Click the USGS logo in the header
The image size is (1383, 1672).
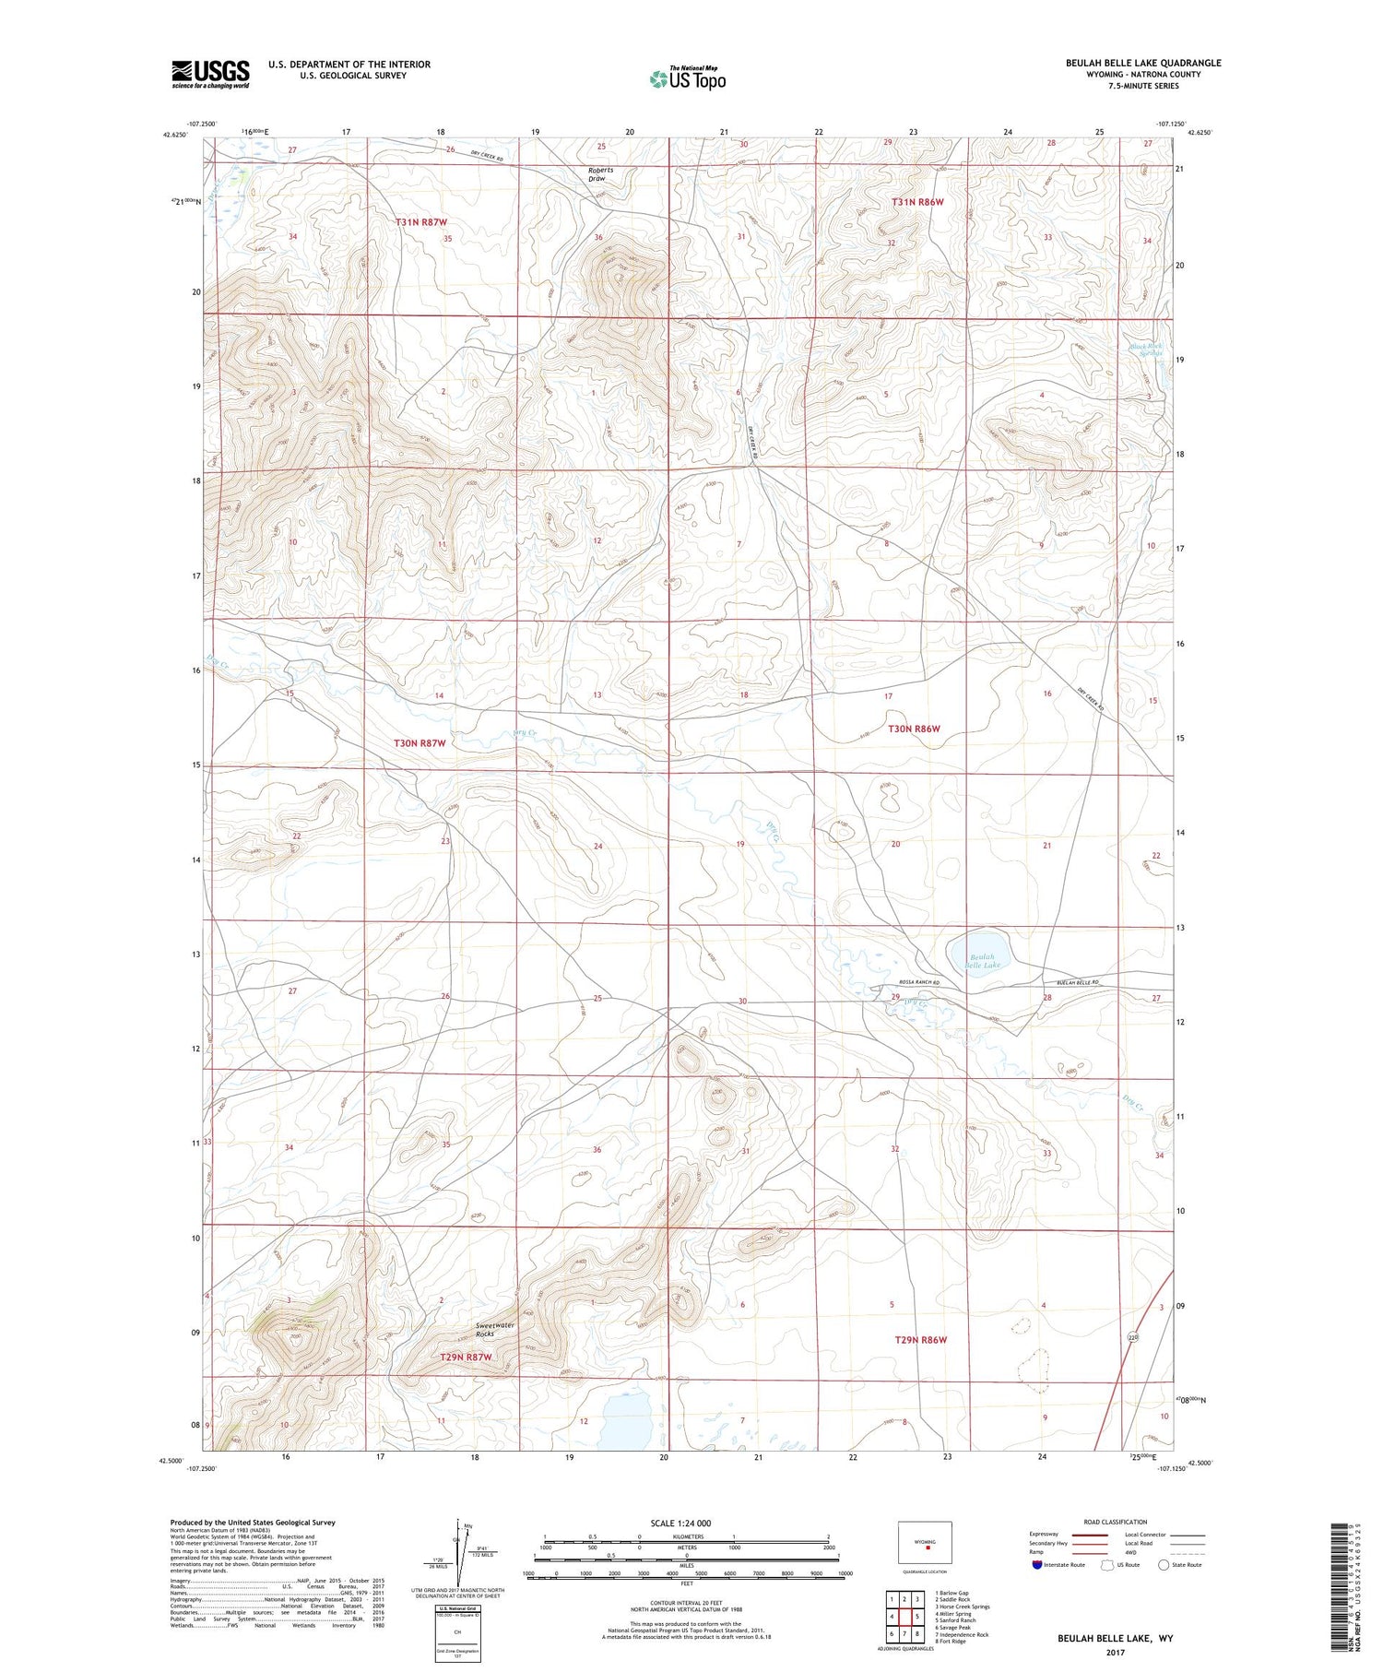(x=210, y=73)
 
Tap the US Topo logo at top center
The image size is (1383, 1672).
(x=688, y=79)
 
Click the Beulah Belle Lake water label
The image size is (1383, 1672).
(x=982, y=961)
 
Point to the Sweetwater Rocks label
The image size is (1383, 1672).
(x=495, y=1329)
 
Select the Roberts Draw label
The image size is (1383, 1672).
(x=601, y=174)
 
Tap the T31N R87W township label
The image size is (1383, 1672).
(x=421, y=222)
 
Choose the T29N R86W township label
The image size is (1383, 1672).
(x=920, y=1339)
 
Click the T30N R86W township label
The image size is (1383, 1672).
(x=914, y=729)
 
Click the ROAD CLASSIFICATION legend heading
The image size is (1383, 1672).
(x=1116, y=1522)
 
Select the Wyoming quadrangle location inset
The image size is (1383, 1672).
(x=925, y=1543)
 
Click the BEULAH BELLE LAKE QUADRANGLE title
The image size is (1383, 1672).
(x=1143, y=63)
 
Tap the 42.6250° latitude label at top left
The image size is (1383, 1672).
(x=174, y=135)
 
